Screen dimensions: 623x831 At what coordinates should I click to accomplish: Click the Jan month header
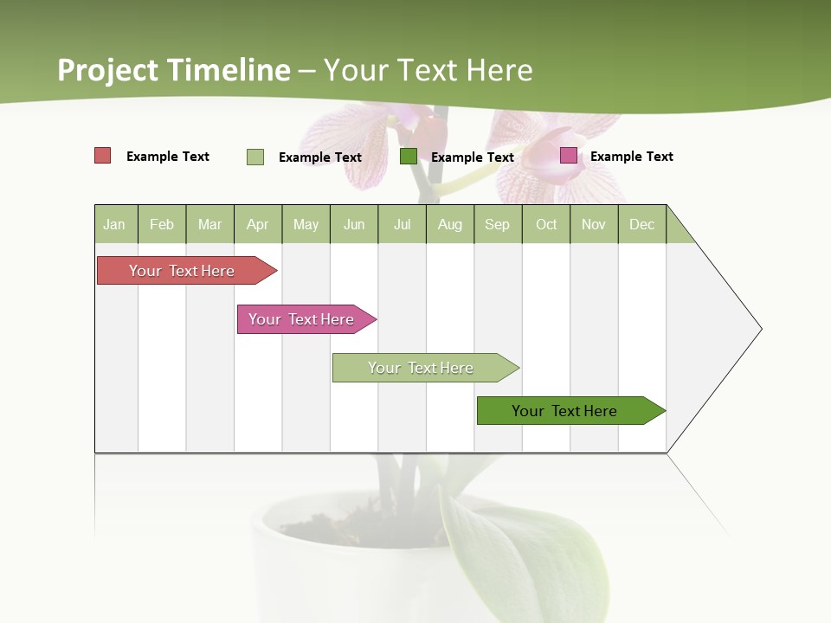(115, 224)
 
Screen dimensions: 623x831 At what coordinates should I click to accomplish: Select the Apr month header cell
(258, 224)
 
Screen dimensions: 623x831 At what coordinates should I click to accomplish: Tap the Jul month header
(402, 224)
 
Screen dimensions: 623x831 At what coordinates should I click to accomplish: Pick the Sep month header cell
(498, 224)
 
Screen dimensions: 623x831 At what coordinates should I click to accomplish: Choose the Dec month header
(641, 224)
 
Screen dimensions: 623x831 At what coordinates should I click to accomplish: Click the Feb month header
(162, 224)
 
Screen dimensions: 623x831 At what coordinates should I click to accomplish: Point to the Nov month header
(594, 224)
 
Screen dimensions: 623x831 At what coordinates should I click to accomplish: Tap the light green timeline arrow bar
(422, 368)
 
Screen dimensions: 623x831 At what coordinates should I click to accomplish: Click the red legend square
(103, 156)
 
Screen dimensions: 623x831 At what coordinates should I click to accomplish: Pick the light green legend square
(255, 157)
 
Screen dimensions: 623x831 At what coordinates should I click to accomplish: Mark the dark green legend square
(409, 156)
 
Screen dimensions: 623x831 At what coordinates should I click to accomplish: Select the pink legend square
(569, 156)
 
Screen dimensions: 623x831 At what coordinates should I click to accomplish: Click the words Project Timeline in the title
(174, 70)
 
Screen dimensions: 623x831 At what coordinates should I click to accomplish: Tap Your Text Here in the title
(428, 70)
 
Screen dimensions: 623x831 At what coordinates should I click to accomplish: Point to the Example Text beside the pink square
(631, 157)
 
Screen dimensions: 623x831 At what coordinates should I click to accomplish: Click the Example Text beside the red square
(168, 157)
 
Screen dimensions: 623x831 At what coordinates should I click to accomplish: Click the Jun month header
(354, 224)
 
